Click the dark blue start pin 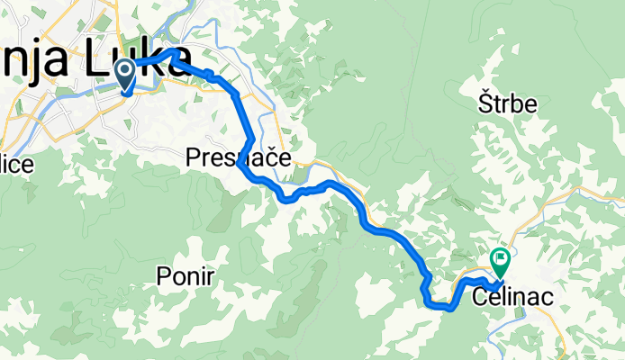click(x=124, y=70)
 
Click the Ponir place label click(x=185, y=277)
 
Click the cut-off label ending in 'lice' click(x=16, y=165)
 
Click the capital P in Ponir click(x=162, y=277)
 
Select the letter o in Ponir click(x=177, y=278)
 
